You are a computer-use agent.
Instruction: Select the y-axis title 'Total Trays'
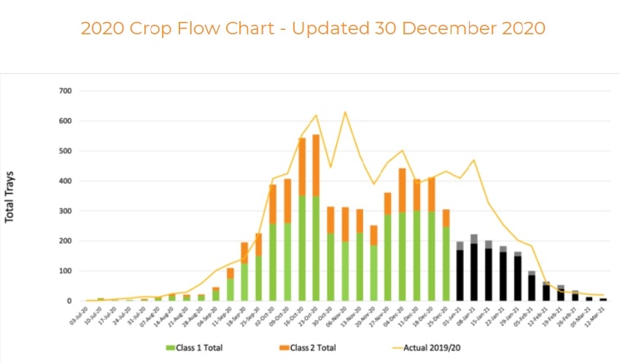click(10, 197)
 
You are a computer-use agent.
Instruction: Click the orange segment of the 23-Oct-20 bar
click(316, 165)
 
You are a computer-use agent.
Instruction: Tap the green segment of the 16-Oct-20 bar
click(302, 248)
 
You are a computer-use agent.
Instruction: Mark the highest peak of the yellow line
click(344, 112)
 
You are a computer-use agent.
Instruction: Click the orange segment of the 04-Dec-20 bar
click(401, 190)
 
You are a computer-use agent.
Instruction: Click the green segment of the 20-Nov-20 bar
click(373, 273)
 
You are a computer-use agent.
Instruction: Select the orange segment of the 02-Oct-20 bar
click(273, 203)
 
